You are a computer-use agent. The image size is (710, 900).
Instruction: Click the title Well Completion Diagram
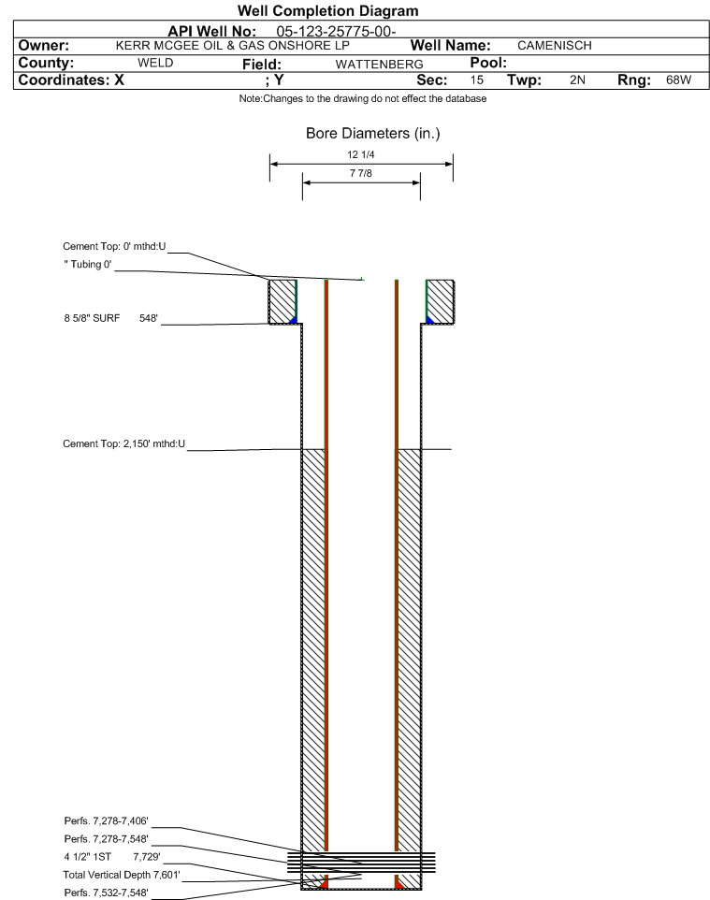coord(328,11)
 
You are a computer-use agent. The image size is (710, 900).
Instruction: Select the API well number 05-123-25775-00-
coord(337,31)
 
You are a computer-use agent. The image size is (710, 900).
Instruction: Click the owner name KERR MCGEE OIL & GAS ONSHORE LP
coord(233,45)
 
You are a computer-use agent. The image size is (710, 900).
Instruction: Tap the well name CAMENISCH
coord(555,45)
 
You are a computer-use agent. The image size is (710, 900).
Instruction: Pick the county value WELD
coord(155,63)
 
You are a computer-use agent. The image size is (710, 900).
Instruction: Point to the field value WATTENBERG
coord(380,65)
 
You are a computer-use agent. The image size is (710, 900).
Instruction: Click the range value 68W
coord(678,80)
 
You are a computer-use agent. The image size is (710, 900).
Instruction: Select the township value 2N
coord(577,80)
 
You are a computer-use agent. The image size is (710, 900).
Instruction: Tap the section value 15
coord(477,80)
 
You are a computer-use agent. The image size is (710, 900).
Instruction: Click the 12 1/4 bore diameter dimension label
coord(361,154)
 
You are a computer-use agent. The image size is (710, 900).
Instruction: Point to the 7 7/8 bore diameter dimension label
coord(361,173)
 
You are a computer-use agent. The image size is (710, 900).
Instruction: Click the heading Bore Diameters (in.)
coord(373,133)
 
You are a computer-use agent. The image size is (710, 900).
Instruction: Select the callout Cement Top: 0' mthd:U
coord(114,246)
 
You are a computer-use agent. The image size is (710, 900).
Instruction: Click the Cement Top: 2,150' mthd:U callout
coord(124,443)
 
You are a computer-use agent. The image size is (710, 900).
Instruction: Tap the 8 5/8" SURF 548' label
coord(110,318)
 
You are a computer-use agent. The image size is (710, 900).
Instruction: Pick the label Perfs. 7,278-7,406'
coord(107,820)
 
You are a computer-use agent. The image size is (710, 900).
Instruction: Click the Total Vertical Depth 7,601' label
coord(122,875)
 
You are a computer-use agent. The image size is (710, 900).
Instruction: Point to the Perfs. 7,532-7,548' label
coord(107,893)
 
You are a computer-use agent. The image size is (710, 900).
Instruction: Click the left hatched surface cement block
coord(283,301)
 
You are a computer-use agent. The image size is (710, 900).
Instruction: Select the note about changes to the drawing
coord(363,99)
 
